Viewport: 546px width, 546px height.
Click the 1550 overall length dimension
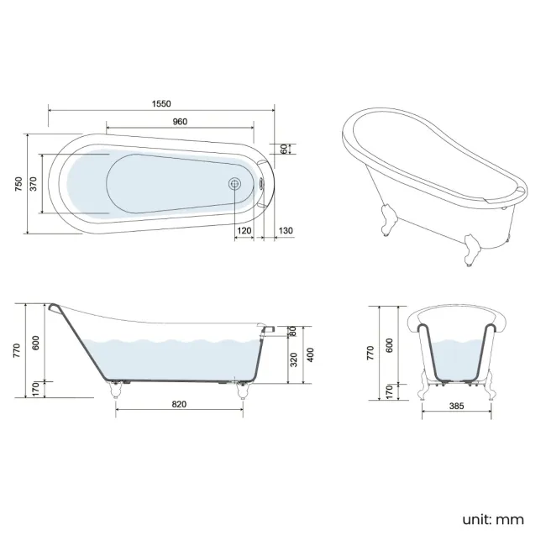click(161, 103)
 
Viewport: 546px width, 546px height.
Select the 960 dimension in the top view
click(180, 122)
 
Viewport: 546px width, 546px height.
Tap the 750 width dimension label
click(18, 184)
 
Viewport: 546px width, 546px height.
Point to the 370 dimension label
click(34, 184)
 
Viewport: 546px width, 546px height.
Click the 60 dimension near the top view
click(285, 148)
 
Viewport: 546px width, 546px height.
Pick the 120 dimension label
click(244, 230)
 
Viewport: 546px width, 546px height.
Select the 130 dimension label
click(285, 230)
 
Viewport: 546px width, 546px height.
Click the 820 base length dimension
click(179, 404)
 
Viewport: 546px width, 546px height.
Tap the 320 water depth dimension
click(294, 360)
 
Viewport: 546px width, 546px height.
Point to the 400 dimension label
click(310, 354)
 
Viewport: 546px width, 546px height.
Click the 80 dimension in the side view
click(294, 330)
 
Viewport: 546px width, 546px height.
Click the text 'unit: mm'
click(493, 519)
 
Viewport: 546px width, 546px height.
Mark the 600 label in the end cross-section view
click(389, 344)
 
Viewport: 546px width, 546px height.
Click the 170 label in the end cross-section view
click(389, 391)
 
